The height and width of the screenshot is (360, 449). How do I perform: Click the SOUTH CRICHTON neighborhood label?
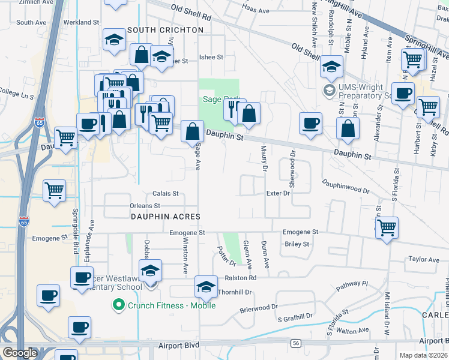click(165, 29)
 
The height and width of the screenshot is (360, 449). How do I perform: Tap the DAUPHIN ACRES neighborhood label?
click(165, 216)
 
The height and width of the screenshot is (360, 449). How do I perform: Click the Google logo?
click(20, 353)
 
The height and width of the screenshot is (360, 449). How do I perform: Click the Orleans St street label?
click(145, 206)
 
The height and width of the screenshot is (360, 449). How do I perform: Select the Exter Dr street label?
click(278, 193)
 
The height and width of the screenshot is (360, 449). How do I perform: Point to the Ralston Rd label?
click(240, 278)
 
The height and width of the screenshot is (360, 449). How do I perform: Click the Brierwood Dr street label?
click(259, 306)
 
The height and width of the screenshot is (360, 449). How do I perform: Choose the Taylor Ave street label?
click(424, 260)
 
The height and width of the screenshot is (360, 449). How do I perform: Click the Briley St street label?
click(297, 244)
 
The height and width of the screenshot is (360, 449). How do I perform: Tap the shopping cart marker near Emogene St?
click(387, 227)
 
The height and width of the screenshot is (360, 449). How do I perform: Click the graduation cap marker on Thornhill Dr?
click(206, 287)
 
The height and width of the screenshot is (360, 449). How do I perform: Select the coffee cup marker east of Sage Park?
click(310, 122)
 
